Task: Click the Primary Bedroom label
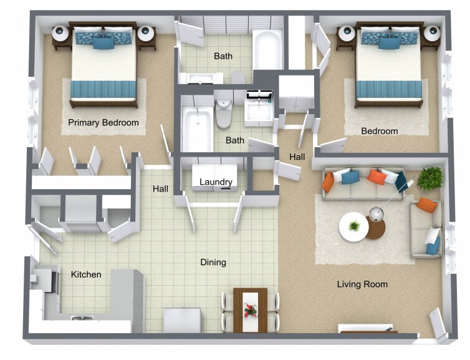pyautogui.click(x=103, y=122)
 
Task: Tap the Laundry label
pyautogui.click(x=216, y=182)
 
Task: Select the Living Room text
pyautogui.click(x=362, y=285)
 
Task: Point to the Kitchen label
pyautogui.click(x=86, y=275)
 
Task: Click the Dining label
pyautogui.click(x=213, y=263)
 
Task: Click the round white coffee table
pyautogui.click(x=353, y=227)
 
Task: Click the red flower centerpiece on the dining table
pyautogui.click(x=250, y=309)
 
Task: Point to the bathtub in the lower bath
pyautogui.click(x=196, y=127)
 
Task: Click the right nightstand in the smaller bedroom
pyautogui.click(x=430, y=34)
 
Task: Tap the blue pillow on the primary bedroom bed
pyautogui.click(x=103, y=43)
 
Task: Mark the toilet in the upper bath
pyautogui.click(x=237, y=77)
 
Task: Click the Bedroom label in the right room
pyautogui.click(x=380, y=131)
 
